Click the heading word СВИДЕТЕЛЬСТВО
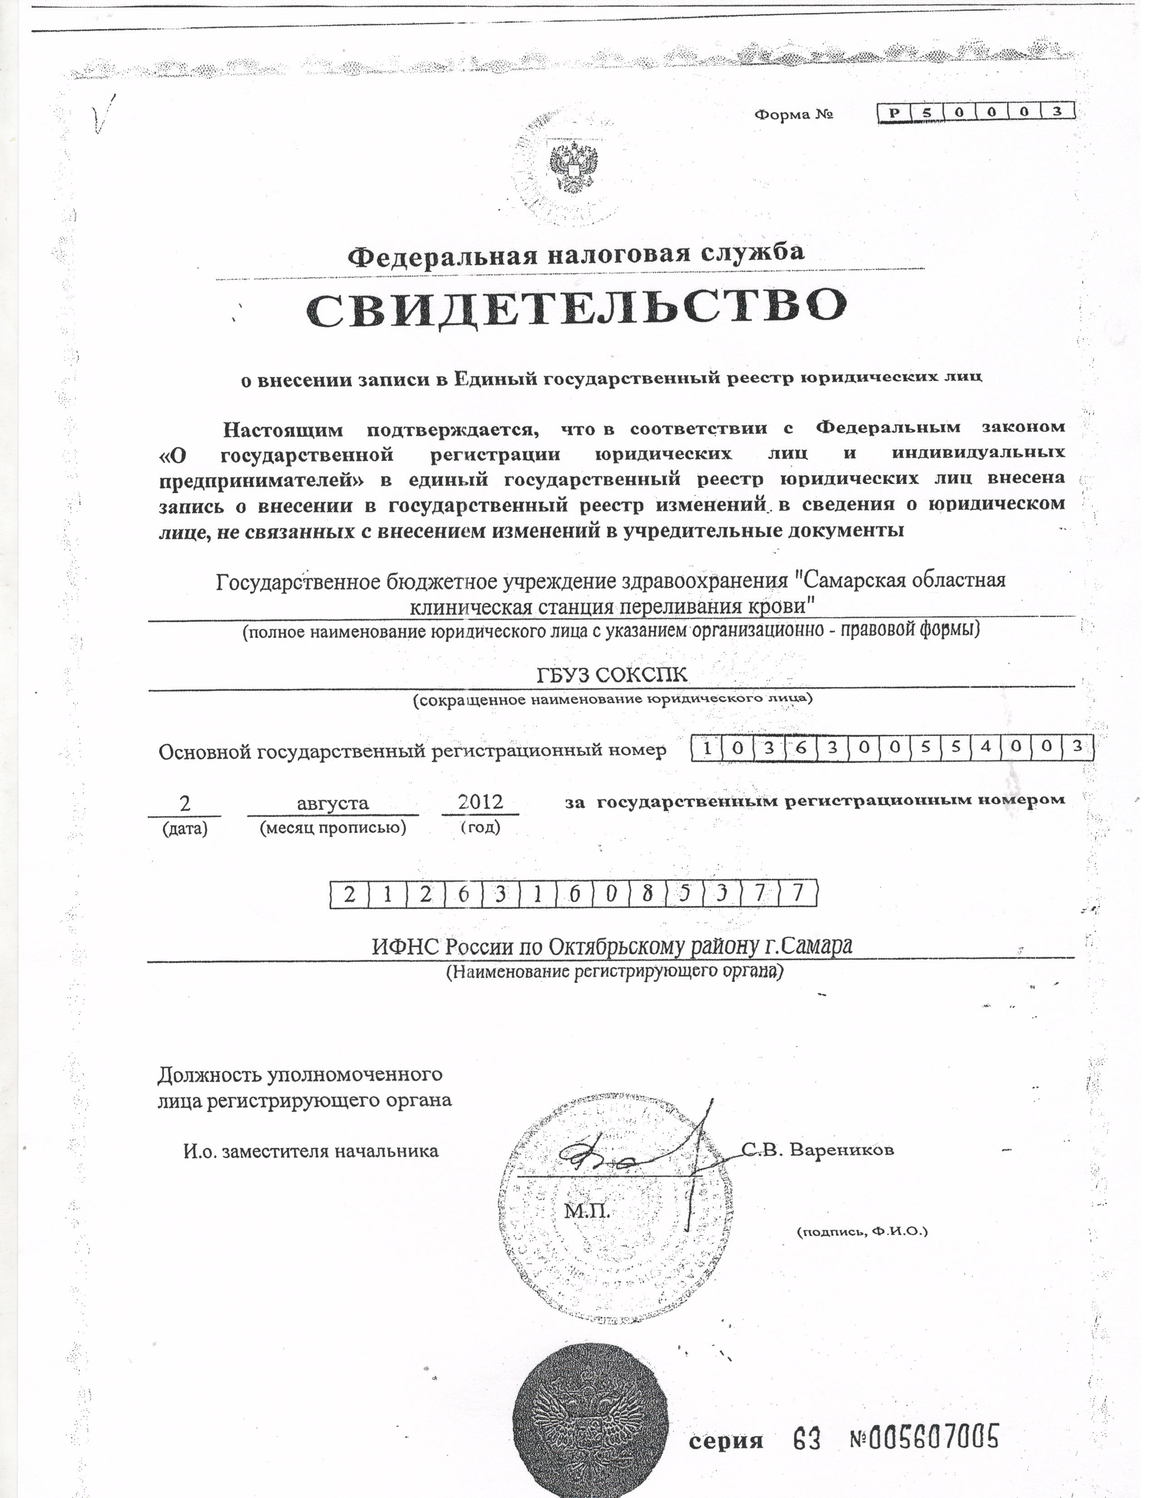pos(576,307)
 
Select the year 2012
pos(480,801)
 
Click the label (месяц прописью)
pos(333,828)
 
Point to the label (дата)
pos(184,828)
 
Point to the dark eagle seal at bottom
pos(590,1427)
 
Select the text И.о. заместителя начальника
pos(311,1151)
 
